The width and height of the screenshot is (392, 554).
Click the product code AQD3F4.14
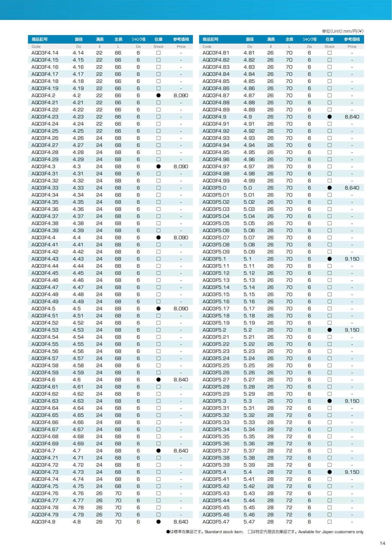[x=45, y=53]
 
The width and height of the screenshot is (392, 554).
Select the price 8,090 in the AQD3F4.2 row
[x=181, y=95]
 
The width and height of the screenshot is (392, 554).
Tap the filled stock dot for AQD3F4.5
[x=158, y=309]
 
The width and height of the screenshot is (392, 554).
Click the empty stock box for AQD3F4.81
[x=329, y=53]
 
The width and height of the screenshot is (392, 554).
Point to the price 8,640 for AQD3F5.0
[x=352, y=188]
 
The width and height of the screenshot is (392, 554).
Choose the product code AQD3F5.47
[x=216, y=522]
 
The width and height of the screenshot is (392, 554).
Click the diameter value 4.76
[x=78, y=493]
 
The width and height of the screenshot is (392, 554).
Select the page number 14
[x=383, y=543]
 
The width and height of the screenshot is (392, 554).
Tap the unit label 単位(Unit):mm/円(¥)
[x=342, y=31]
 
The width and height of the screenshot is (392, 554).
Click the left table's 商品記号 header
[x=40, y=39]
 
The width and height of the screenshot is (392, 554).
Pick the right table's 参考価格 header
[x=352, y=39]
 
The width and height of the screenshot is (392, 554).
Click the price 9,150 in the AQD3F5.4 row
[x=352, y=472]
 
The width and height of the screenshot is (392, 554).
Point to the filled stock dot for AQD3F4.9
[x=329, y=117]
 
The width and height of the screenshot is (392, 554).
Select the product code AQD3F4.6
[x=43, y=380]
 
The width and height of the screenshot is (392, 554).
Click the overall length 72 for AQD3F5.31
[x=289, y=408]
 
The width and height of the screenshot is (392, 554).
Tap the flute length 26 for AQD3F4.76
[x=99, y=493]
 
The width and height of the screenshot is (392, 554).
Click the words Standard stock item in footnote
[x=224, y=532]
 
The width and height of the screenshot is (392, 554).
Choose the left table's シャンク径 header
[x=139, y=39]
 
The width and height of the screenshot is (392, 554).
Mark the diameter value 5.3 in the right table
[x=248, y=401]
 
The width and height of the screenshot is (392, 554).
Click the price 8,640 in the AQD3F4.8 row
[x=181, y=522]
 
